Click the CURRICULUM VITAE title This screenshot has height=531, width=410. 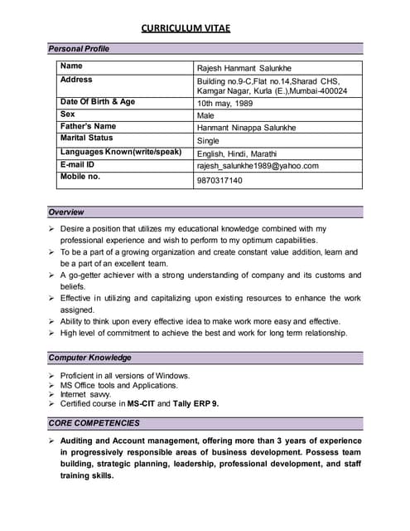coord(186,29)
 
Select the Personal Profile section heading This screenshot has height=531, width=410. coord(79,49)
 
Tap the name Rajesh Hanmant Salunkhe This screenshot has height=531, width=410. coord(244,68)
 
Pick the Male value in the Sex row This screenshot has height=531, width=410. coord(205,116)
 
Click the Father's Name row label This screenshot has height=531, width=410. coord(89,126)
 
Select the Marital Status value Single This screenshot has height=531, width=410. coord(208,141)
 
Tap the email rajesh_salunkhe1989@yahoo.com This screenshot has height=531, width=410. coord(258,166)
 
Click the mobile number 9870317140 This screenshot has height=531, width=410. coord(219,180)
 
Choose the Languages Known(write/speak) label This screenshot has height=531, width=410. coord(121,153)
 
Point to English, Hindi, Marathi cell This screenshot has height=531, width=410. coord(237,153)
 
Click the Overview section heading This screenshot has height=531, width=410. coord(66,212)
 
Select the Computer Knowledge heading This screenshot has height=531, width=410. coord(89,358)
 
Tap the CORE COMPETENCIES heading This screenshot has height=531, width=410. coord(94,423)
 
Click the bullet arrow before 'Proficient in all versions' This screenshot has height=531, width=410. coord(51,376)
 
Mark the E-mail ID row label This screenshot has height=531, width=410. coord(80,164)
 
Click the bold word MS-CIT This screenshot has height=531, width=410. coord(141,404)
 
